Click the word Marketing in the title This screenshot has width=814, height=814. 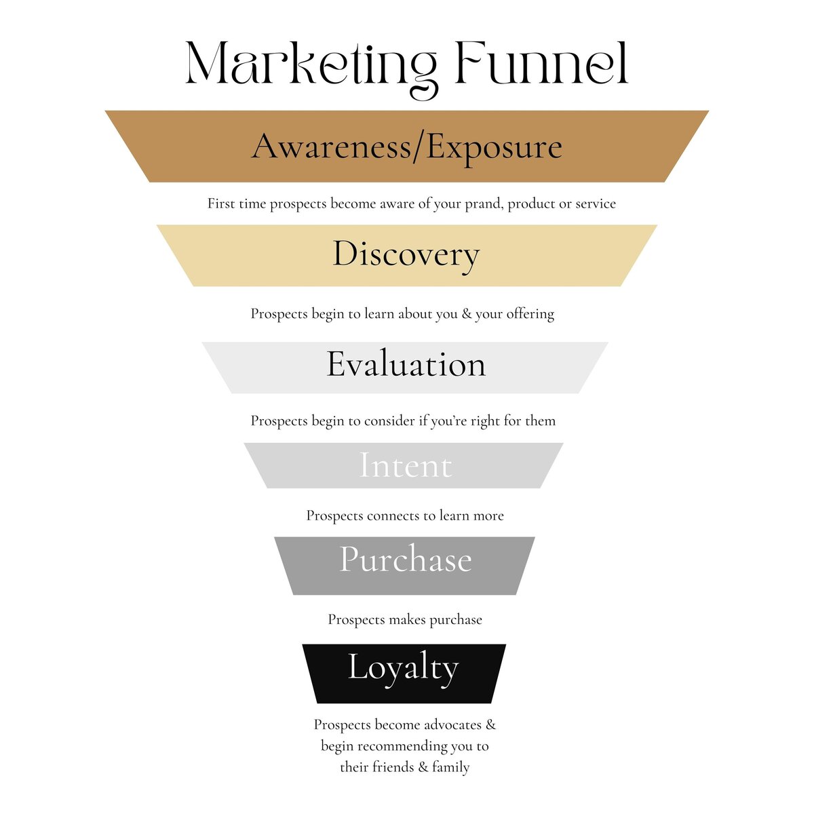311,68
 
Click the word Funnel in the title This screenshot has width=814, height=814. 542,63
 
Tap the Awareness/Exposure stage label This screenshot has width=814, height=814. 407,148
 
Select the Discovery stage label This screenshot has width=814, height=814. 406,255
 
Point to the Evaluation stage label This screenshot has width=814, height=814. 406,364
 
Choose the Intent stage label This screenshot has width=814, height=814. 406,465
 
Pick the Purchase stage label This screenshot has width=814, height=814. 406,559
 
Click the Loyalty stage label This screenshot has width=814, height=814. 404,668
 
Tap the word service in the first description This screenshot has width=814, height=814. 596,204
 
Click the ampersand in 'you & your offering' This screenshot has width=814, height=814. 466,314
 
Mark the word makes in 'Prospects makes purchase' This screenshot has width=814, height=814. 407,620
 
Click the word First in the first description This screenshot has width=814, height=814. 221,203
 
